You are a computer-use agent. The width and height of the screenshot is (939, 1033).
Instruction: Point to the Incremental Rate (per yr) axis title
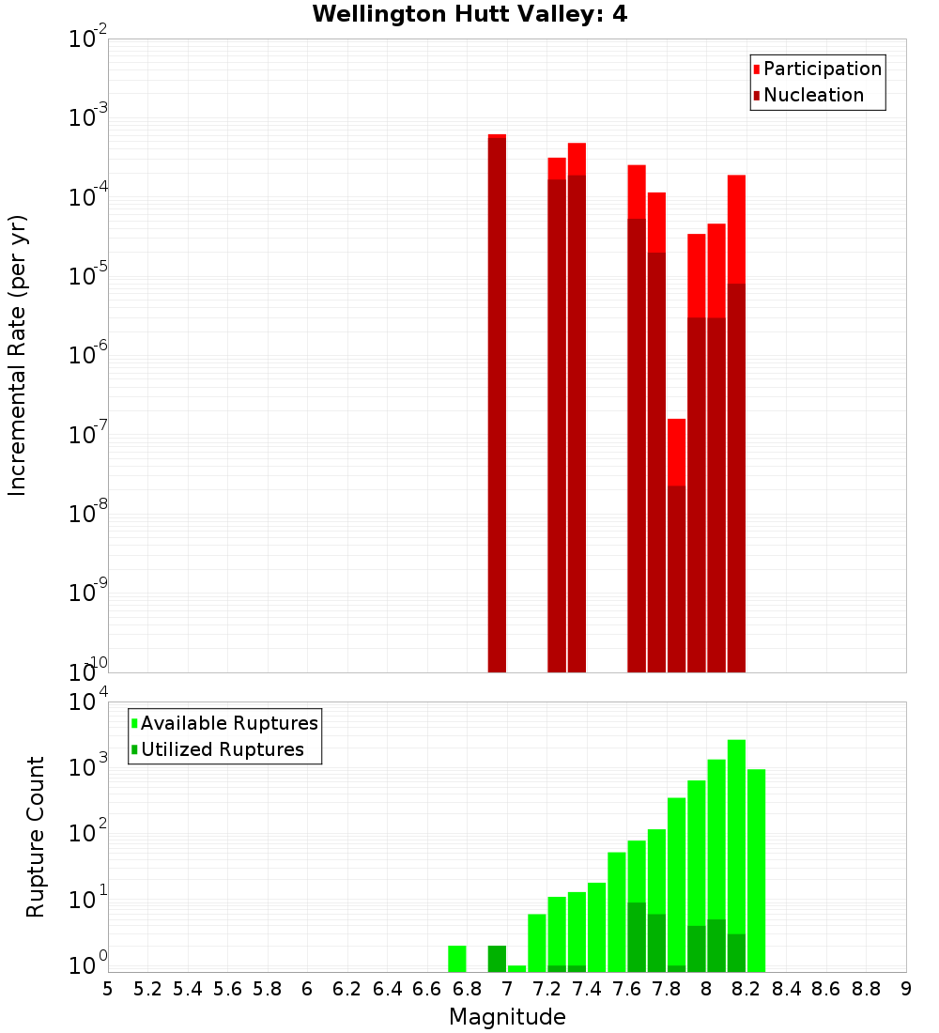tap(18, 355)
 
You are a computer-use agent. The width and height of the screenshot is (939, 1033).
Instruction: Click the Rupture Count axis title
tap(36, 837)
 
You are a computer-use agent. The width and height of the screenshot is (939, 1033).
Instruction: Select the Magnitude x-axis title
tap(507, 1017)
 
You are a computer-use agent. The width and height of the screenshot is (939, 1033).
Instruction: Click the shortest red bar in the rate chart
tap(676, 545)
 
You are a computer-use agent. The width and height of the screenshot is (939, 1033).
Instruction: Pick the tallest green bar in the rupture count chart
tap(736, 855)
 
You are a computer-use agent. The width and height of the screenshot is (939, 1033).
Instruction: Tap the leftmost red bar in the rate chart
tap(497, 404)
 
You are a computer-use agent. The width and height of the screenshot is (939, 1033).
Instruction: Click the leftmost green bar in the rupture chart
tap(457, 959)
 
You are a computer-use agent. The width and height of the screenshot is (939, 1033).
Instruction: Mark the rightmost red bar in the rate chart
tap(736, 423)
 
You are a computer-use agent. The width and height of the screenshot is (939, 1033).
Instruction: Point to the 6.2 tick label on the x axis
tap(347, 989)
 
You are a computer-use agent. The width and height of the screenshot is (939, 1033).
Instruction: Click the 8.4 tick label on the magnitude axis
tap(787, 989)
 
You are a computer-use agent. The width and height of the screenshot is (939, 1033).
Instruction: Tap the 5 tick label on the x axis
tap(108, 989)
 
